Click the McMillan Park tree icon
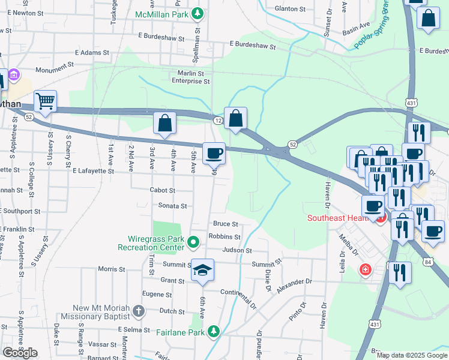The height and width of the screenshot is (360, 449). click(196, 13)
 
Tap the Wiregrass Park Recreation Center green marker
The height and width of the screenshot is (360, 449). click(193, 242)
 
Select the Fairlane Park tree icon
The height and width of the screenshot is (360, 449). click(213, 331)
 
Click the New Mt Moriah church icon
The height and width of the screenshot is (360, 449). click(139, 311)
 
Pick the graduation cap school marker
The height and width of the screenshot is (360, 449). click(203, 271)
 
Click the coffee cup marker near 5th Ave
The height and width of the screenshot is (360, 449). click(214, 154)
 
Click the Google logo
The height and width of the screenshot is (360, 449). click(20, 353)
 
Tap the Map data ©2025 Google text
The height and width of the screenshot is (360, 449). click(411, 355)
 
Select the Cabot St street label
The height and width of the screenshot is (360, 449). click(162, 190)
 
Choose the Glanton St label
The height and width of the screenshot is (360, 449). click(291, 9)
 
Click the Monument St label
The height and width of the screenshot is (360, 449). click(55, 70)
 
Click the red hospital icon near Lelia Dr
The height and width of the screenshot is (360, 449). click(364, 271)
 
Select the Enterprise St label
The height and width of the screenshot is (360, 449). click(190, 81)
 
